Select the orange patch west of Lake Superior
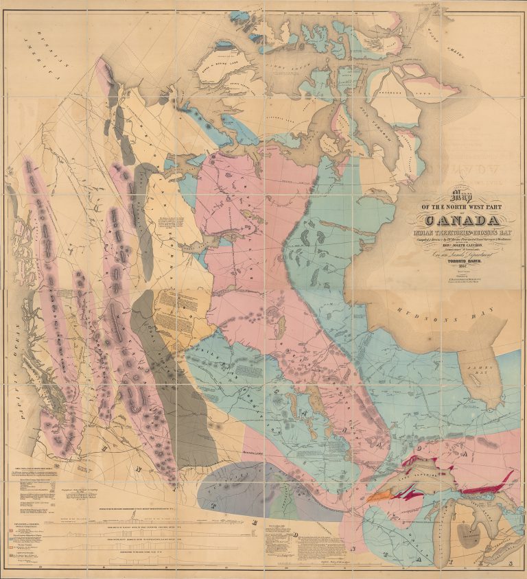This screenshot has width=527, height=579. [x=377, y=495]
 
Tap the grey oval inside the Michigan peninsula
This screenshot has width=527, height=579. [x=471, y=536]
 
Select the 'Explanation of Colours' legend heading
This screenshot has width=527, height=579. [x=25, y=523]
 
